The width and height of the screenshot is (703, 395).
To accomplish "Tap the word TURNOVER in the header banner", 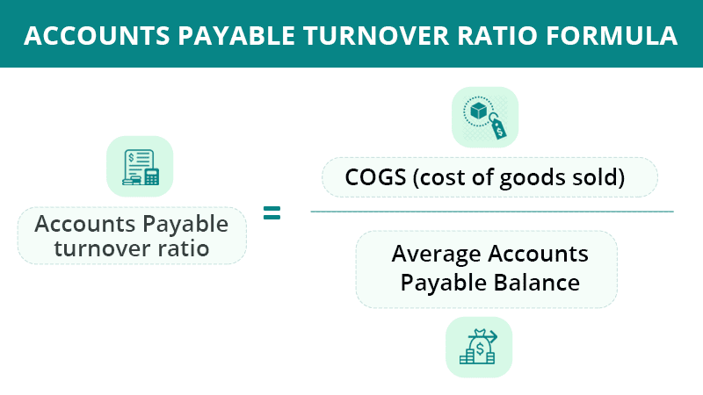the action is (376, 36).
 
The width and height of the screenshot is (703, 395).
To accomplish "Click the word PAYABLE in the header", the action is (236, 36).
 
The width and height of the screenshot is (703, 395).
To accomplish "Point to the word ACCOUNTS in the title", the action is (97, 36).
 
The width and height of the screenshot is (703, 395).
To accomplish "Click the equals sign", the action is (272, 212).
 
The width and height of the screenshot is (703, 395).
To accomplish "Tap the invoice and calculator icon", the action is (141, 167).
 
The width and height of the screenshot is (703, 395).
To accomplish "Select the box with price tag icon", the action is (485, 118).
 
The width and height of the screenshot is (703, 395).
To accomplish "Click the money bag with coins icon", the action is (479, 347).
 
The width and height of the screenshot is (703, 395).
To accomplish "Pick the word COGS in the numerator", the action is (376, 177).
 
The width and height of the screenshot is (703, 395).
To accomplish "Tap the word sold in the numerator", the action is (591, 177).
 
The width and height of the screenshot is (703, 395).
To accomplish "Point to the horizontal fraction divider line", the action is (492, 212).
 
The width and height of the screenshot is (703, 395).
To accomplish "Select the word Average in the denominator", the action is (436, 255).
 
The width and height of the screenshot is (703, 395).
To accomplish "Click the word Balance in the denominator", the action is (537, 283).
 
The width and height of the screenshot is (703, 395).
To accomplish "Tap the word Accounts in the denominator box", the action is (538, 254).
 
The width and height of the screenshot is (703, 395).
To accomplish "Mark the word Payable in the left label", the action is (185, 225).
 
